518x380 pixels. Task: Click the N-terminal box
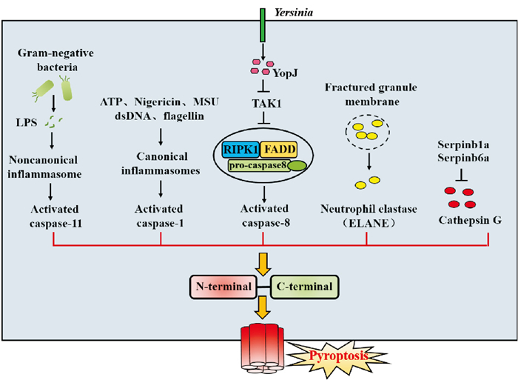coord(221,286)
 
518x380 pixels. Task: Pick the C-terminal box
coord(301,286)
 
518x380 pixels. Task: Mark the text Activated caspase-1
coord(161,217)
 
